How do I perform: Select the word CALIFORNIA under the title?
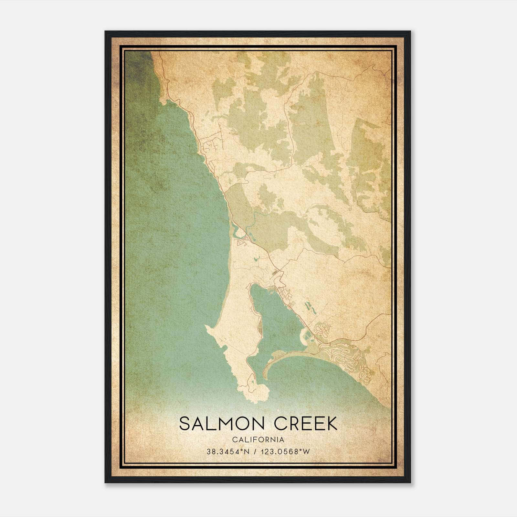tap(258, 439)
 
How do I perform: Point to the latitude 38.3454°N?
tap(228, 452)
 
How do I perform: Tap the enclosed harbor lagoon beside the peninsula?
tap(275, 320)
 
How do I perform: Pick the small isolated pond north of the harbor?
tap(256, 259)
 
